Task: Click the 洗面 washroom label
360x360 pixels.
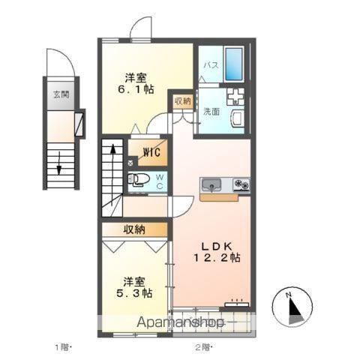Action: [x=211, y=112]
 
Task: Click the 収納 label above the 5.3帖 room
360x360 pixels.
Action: [x=135, y=229]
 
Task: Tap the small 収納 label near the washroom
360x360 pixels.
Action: [x=182, y=100]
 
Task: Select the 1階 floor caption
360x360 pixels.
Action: [x=61, y=346]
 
